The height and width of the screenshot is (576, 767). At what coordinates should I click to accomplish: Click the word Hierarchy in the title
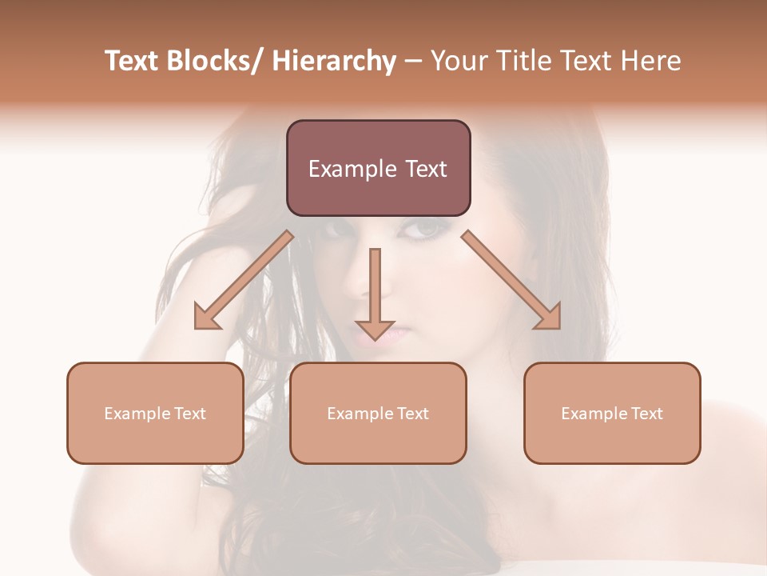(334, 62)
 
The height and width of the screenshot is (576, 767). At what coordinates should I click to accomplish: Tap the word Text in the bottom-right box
(646, 414)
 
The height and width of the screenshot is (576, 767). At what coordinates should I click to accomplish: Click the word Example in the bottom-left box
(137, 414)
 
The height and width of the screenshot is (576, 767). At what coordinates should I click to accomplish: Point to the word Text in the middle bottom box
(411, 414)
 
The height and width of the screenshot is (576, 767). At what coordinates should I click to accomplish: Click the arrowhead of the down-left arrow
(207, 318)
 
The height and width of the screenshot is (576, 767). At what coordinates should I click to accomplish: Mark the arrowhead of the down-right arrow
(549, 318)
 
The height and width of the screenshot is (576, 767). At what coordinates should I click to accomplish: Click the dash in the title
(413, 62)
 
